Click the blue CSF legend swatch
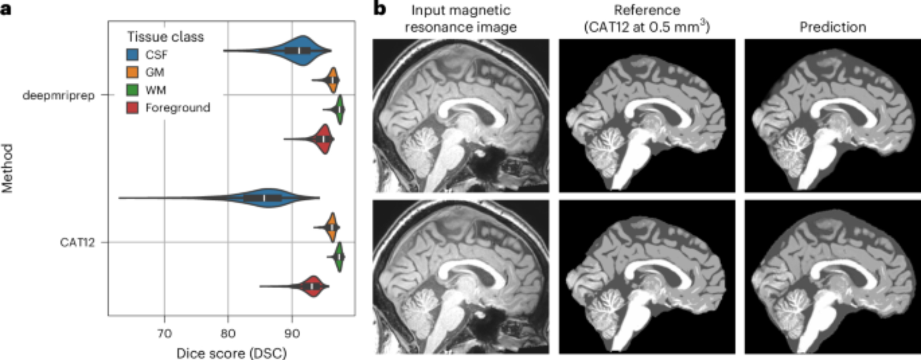click(x=132, y=55)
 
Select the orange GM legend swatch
click(x=132, y=72)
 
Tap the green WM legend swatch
click(x=132, y=90)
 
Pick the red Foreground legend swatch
click(x=132, y=108)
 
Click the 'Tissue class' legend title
click(x=165, y=37)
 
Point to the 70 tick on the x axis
click(x=164, y=333)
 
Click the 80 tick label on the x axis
click(x=228, y=333)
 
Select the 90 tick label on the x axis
click(x=291, y=333)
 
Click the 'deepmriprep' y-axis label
click(x=58, y=95)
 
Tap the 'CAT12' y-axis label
click(x=77, y=243)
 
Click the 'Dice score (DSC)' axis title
click(x=231, y=353)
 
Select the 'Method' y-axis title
click(x=7, y=168)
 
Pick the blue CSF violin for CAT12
click(x=267, y=198)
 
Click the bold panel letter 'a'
click(x=6, y=8)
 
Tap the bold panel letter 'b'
click(x=379, y=8)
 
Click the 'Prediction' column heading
click(x=833, y=27)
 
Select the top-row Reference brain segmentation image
click(x=647, y=116)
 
